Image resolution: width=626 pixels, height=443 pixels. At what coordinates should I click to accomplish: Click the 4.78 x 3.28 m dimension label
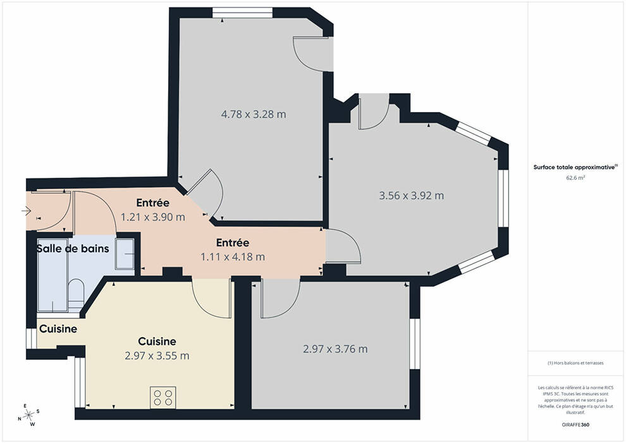tap(254, 115)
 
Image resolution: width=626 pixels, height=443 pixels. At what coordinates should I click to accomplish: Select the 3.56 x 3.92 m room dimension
tap(411, 196)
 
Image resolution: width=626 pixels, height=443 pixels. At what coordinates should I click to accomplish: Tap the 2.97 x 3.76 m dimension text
tap(335, 349)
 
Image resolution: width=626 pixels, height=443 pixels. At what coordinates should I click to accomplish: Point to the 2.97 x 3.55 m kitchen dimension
tap(157, 356)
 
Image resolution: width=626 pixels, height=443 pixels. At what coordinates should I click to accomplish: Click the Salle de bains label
tap(73, 249)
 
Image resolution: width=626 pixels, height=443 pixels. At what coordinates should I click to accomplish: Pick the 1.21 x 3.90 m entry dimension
tap(153, 217)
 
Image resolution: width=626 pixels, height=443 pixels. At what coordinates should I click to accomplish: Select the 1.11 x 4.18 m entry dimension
tap(233, 256)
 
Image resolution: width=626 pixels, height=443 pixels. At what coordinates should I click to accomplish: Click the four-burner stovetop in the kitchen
tap(163, 397)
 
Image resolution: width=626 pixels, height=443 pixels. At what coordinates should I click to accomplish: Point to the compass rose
tap(28, 415)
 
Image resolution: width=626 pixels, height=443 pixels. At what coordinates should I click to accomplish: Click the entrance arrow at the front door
tap(27, 211)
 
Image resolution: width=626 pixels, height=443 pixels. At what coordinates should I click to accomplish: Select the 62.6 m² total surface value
tap(575, 178)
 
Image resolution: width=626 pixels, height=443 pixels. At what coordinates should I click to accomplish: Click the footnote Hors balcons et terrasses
tap(575, 363)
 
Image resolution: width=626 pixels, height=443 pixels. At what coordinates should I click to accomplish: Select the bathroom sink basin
tap(125, 254)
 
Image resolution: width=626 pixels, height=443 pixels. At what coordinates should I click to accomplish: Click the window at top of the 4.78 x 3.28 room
tap(242, 13)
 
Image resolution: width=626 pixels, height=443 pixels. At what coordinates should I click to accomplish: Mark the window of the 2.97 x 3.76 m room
tap(415, 344)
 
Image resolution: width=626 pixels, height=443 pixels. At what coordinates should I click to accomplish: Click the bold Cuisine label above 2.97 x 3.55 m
tap(157, 342)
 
